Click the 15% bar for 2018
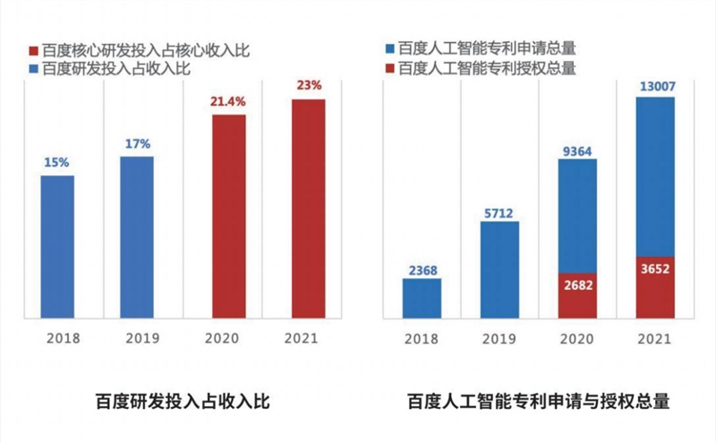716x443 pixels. tap(57, 246)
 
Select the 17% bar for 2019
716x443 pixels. tap(136, 237)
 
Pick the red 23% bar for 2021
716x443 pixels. tap(308, 208)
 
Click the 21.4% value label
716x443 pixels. tap(228, 104)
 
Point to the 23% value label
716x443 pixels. tap(308, 87)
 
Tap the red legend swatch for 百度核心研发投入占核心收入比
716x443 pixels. tap(34, 51)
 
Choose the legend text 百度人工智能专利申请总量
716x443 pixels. tap(486, 50)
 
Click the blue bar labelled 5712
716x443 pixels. tap(499, 268)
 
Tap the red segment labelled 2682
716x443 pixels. tap(577, 294)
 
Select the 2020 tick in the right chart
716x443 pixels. tap(577, 339)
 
